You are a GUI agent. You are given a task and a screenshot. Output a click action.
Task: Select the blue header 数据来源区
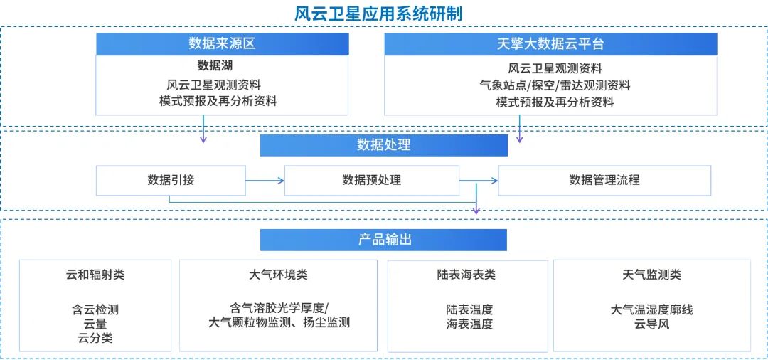pyautogui.click(x=222, y=44)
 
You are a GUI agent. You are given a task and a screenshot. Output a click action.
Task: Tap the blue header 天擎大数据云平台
pyautogui.click(x=550, y=44)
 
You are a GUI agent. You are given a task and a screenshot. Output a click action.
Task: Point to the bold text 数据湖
pyautogui.click(x=215, y=66)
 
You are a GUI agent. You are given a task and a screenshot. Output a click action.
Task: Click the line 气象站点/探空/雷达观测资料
pyautogui.click(x=555, y=85)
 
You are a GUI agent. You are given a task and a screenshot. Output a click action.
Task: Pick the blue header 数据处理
pyautogui.click(x=383, y=145)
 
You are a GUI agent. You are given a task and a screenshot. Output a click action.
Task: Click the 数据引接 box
pyautogui.click(x=171, y=180)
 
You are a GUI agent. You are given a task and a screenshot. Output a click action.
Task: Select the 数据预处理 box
pyautogui.click(x=371, y=180)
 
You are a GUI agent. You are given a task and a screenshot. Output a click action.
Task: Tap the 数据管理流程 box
pyautogui.click(x=604, y=180)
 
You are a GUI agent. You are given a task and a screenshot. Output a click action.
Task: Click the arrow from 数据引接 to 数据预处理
pyautogui.click(x=265, y=181)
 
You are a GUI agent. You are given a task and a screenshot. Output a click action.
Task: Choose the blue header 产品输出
pyautogui.click(x=383, y=240)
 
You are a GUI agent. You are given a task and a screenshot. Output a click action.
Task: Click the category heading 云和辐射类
pyautogui.click(x=95, y=275)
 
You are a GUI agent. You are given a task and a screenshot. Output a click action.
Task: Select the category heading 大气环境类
pyautogui.click(x=279, y=275)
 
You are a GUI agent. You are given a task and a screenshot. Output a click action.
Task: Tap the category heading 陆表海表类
pyautogui.click(x=466, y=275)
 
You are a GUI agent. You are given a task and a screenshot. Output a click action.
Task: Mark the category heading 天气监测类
pyautogui.click(x=651, y=275)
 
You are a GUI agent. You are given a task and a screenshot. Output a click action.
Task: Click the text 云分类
pyautogui.click(x=95, y=339)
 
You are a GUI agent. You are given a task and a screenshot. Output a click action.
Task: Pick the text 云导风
pyautogui.click(x=651, y=324)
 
